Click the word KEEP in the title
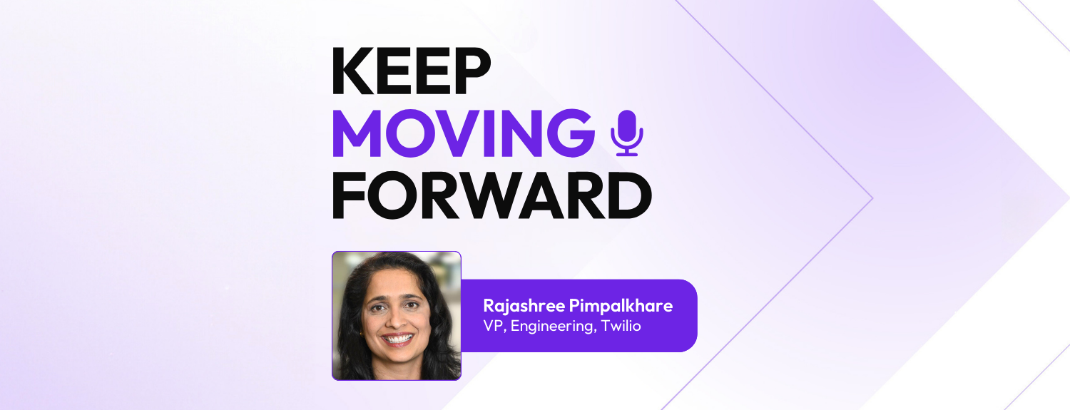tap(412, 72)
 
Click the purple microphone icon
tap(627, 132)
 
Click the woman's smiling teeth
tap(399, 338)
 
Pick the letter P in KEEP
tap(472, 72)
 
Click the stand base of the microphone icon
tap(627, 153)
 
